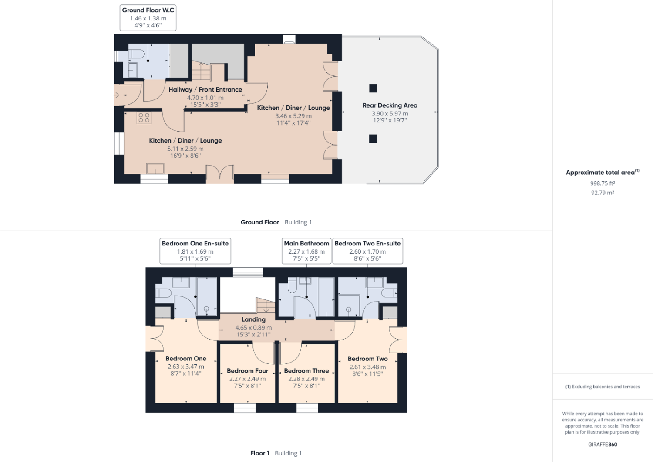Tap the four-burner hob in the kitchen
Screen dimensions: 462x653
point(144,118)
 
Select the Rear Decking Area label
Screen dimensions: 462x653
point(390,105)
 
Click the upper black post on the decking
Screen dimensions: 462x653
point(373,88)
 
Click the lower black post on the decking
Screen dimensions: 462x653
point(373,139)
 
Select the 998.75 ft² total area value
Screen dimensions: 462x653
point(603,183)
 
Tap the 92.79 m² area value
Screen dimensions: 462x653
point(603,193)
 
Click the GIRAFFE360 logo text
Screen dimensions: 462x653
point(603,445)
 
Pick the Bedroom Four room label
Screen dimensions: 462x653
point(247,371)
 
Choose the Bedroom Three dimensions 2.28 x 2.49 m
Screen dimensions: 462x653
point(306,379)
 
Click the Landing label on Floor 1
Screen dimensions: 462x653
point(253,319)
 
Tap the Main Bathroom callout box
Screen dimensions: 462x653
point(306,251)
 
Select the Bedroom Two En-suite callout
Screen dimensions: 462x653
point(367,251)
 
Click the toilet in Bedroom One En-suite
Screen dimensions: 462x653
point(164,292)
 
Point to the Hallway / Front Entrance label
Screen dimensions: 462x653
point(205,89)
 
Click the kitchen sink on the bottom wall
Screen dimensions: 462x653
point(155,169)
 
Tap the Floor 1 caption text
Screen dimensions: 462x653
point(260,453)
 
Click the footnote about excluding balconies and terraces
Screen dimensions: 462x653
point(603,387)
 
